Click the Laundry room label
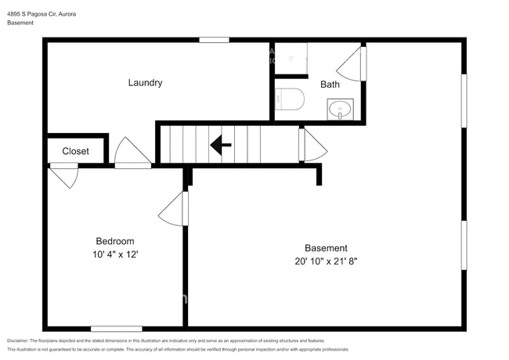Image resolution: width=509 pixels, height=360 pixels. (145, 82)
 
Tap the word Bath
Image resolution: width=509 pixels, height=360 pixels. (330, 85)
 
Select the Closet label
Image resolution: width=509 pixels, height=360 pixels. (75, 151)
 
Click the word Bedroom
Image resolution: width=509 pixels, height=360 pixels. (114, 241)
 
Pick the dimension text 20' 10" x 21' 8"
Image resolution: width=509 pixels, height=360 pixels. (326, 261)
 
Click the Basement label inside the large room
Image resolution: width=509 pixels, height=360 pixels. (326, 248)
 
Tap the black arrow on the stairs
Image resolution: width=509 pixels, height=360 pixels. (220, 144)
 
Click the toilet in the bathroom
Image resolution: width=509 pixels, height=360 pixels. (289, 99)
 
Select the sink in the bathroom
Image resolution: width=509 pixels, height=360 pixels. (340, 109)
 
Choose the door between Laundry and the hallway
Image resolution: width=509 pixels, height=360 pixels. (132, 153)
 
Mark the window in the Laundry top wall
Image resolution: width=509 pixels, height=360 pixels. (213, 40)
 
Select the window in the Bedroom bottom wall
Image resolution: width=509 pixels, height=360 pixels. (116, 329)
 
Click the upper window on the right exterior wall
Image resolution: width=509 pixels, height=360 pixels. (464, 100)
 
